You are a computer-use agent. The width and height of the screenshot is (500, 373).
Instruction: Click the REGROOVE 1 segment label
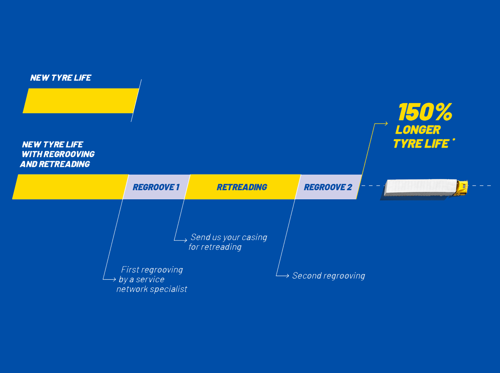pyautogui.click(x=156, y=187)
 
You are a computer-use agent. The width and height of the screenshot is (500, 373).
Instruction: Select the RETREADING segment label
pyautogui.click(x=242, y=187)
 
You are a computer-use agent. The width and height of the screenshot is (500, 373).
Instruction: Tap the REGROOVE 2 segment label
pyautogui.click(x=328, y=187)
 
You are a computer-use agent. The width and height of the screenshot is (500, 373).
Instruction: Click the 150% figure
pyautogui.click(x=425, y=112)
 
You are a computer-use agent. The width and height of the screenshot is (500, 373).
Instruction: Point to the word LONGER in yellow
pyautogui.click(x=418, y=130)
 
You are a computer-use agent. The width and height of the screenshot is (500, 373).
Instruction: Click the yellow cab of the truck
pyautogui.click(x=462, y=187)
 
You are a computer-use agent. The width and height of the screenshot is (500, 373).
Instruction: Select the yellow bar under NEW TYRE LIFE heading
pyautogui.click(x=81, y=101)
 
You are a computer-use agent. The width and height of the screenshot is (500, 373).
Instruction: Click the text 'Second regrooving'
pyautogui.click(x=328, y=276)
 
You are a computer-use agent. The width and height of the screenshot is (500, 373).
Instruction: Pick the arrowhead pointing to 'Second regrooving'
pyautogui.click(x=287, y=276)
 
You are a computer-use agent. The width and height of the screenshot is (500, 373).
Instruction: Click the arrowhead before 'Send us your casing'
pyautogui.click(x=185, y=240)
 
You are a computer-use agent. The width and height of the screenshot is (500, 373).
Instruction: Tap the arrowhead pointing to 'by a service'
pyautogui.click(x=114, y=279)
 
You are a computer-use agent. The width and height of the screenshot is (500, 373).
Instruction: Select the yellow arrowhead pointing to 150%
pyautogui.click(x=386, y=123)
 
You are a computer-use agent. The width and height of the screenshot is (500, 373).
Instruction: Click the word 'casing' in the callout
pyautogui.click(x=254, y=237)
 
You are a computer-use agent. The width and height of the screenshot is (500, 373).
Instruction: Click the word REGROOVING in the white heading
pyautogui.click(x=74, y=154)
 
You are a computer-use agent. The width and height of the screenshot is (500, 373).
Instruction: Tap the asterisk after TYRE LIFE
pyautogui.click(x=454, y=140)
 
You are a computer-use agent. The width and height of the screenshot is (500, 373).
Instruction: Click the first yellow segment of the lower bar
pyautogui.click(x=70, y=187)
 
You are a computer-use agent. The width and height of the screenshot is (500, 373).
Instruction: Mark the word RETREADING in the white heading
pyautogui.click(x=64, y=164)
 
